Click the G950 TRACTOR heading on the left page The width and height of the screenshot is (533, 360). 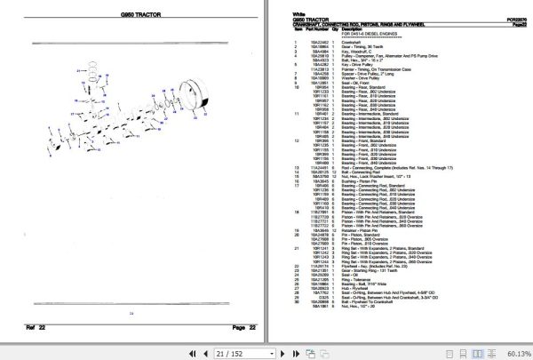pos(131,16)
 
